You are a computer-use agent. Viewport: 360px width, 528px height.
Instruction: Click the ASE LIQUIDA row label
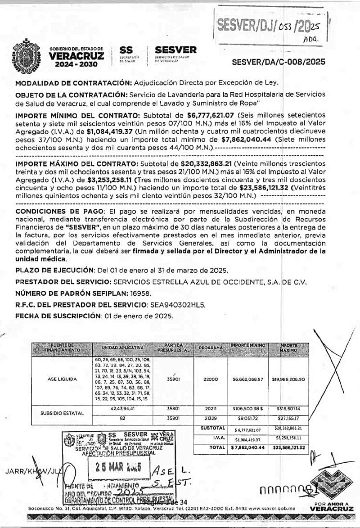(x=62, y=379)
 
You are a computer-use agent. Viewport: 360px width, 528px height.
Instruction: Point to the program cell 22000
(x=210, y=379)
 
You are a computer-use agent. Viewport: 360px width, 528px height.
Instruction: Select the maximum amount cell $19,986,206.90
(x=288, y=379)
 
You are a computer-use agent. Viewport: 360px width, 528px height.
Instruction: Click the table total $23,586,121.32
(x=288, y=448)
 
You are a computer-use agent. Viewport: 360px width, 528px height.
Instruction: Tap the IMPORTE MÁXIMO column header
(x=288, y=347)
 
